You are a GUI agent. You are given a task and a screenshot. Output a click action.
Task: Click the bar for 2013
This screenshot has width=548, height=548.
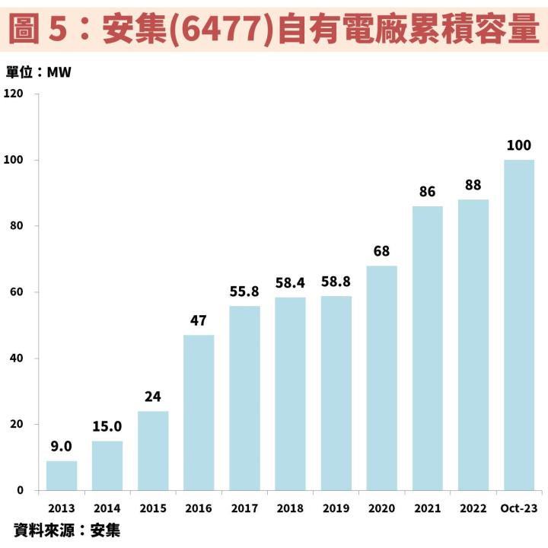(x=62, y=475)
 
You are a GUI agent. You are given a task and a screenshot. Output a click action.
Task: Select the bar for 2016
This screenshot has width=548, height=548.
(x=199, y=412)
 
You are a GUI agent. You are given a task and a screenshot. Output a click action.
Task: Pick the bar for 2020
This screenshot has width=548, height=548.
(x=381, y=378)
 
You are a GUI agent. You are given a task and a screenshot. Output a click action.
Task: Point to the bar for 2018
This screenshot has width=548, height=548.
(x=290, y=393)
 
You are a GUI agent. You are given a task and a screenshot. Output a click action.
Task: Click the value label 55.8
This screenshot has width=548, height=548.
(x=244, y=292)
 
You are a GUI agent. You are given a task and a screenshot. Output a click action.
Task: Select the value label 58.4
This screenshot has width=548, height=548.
(x=290, y=283)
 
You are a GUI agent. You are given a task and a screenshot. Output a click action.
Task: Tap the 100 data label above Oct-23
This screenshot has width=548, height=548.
(x=519, y=145)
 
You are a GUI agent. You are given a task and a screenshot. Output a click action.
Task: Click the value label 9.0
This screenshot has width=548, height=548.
(x=62, y=446)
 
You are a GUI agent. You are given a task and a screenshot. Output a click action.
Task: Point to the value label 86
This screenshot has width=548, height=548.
(x=427, y=192)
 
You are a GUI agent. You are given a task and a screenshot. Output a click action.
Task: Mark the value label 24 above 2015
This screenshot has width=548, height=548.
(x=153, y=397)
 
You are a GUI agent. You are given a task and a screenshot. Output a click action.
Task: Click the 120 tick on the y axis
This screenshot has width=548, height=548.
(x=14, y=94)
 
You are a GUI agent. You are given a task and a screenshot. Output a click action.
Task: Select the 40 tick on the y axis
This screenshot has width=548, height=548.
(x=18, y=358)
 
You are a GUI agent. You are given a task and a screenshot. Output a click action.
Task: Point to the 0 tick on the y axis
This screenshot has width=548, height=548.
(x=21, y=490)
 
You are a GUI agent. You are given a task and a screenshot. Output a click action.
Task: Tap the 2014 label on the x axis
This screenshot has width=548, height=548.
(x=107, y=508)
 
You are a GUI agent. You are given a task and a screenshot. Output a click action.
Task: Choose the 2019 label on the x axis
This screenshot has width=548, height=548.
(x=336, y=508)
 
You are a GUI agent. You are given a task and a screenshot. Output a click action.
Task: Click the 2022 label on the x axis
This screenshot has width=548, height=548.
(x=473, y=508)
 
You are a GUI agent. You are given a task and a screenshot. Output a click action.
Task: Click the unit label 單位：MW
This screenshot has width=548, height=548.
(x=38, y=73)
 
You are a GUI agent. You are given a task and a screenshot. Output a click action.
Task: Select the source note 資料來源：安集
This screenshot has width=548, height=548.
(x=67, y=530)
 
